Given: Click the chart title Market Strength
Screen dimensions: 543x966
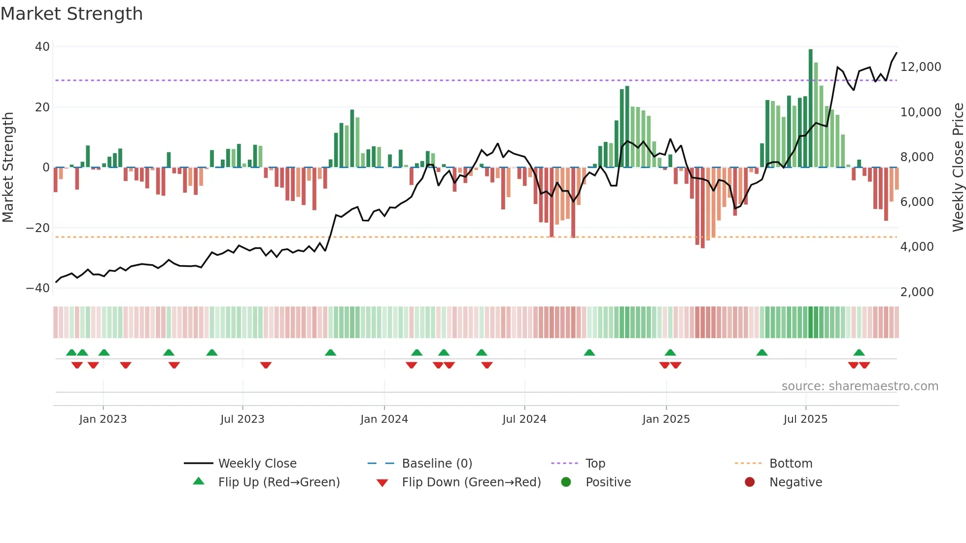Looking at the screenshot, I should point(71,14).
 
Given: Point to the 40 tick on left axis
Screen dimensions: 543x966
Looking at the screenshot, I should point(42,47).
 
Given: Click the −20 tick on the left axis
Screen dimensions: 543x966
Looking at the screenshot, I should point(38,228).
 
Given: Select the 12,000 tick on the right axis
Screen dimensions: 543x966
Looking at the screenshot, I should point(920,67).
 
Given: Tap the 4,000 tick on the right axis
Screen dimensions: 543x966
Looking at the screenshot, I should point(917,247).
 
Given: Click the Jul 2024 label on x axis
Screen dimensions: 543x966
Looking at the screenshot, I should point(524,419).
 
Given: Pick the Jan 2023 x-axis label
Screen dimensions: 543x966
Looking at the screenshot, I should point(103,419).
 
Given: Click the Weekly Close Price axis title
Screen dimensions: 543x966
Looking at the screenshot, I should point(958,168).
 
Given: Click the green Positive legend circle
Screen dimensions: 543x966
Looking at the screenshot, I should point(566,482).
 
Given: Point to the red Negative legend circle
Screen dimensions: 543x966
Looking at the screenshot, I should point(750,482).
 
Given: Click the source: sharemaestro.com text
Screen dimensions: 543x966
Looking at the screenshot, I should point(860,386).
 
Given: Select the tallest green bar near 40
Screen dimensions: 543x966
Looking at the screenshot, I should point(810,108).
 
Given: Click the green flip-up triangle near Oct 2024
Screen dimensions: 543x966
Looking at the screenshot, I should point(589,353).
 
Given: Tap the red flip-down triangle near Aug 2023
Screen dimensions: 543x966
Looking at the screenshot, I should point(266,365).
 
